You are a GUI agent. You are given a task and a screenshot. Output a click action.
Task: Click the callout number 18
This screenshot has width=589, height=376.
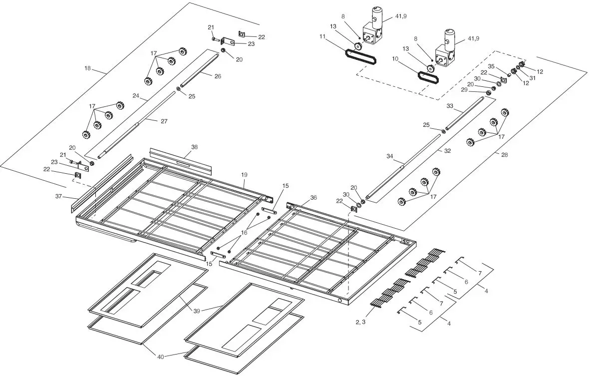tap(88, 68)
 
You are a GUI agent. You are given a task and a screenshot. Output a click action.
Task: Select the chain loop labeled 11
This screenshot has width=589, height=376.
tap(360, 56)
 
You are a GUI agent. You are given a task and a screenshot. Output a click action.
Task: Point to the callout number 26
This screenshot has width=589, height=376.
tap(218, 76)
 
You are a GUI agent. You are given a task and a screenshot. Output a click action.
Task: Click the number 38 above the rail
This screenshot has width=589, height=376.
tap(194, 147)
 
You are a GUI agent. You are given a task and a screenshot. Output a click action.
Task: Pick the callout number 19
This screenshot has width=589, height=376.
tap(244, 175)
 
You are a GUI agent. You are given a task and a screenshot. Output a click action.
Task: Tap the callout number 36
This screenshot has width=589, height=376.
tap(313, 197)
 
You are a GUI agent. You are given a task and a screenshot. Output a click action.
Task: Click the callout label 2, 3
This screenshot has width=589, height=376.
tap(360, 322)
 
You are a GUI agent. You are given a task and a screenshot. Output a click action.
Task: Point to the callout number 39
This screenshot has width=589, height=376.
tap(197, 311)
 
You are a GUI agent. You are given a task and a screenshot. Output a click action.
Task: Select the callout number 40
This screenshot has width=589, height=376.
tap(161, 357)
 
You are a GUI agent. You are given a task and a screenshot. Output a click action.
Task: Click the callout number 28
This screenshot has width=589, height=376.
tap(505, 155)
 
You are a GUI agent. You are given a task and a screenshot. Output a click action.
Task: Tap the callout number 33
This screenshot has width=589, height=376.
tap(450, 106)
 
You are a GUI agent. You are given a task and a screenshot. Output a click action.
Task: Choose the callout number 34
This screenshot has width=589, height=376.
tap(390, 156)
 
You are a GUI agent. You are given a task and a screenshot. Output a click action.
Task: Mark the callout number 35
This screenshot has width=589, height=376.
tap(491, 66)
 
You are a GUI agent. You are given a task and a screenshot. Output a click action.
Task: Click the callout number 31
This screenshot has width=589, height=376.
tap(532, 77)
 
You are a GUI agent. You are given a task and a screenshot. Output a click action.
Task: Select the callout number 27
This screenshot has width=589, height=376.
tap(164, 121)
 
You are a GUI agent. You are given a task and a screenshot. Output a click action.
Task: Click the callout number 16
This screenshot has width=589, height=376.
tap(244, 232)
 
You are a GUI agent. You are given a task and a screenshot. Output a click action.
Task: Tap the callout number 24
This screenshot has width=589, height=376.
tap(136, 95)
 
